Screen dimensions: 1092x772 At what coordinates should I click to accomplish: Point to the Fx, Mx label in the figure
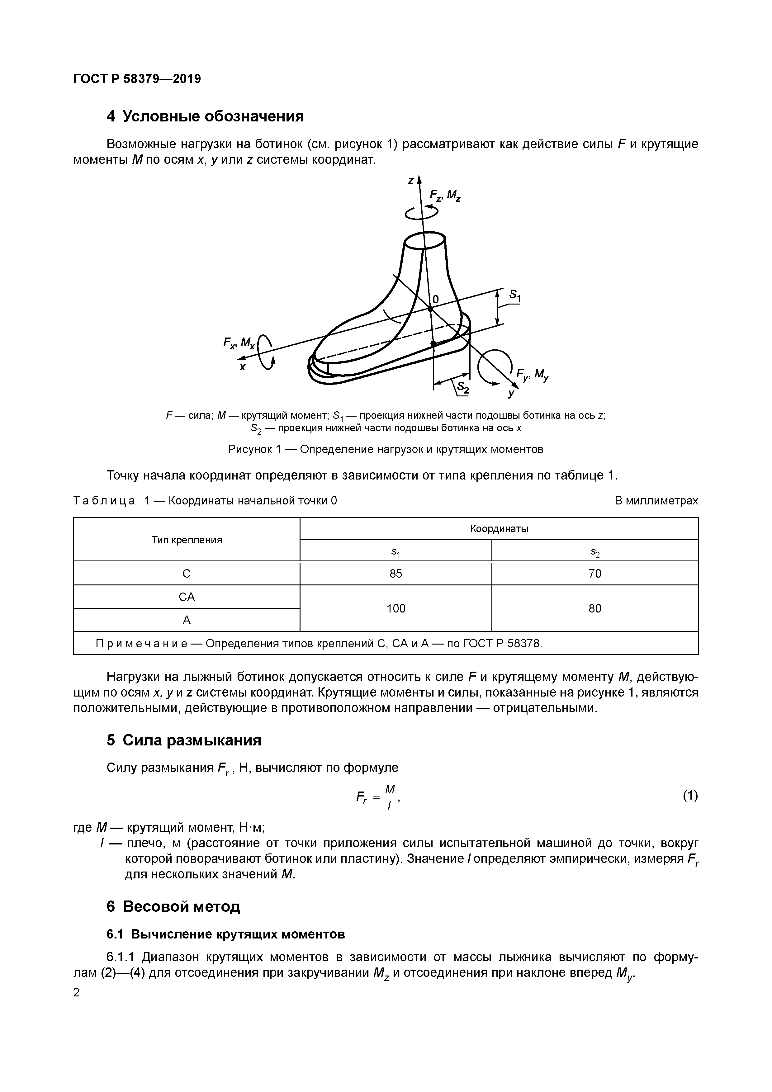click(x=239, y=343)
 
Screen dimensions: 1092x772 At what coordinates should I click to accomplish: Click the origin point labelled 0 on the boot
click(x=430, y=308)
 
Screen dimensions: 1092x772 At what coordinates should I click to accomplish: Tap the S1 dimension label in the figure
click(x=515, y=296)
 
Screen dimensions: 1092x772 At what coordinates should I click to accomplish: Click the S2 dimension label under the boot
click(x=463, y=389)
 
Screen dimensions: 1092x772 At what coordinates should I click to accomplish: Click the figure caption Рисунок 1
click(x=385, y=449)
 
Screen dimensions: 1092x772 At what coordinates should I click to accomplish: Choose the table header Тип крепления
click(x=187, y=540)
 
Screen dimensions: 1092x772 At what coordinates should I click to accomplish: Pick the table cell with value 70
click(x=594, y=574)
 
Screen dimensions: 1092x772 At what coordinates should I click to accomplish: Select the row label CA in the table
click(x=187, y=597)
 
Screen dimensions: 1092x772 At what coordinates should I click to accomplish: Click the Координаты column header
click(x=499, y=528)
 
